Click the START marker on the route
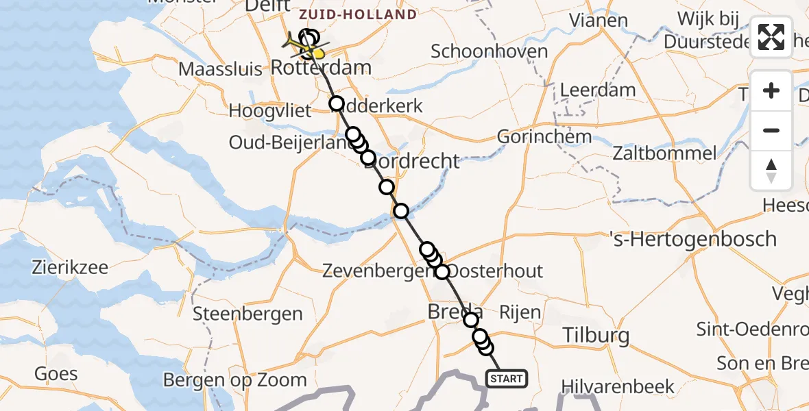click(x=506, y=378)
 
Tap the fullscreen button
click(x=771, y=37)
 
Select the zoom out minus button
click(x=771, y=130)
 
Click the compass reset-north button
click(x=771, y=171)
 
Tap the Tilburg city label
click(x=595, y=336)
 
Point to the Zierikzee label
click(x=69, y=267)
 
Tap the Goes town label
click(x=56, y=374)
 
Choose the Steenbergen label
click(x=247, y=314)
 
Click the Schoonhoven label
click(x=490, y=51)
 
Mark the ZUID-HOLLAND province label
click(x=358, y=14)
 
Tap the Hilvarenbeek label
click(x=618, y=387)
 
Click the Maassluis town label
click(x=221, y=69)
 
